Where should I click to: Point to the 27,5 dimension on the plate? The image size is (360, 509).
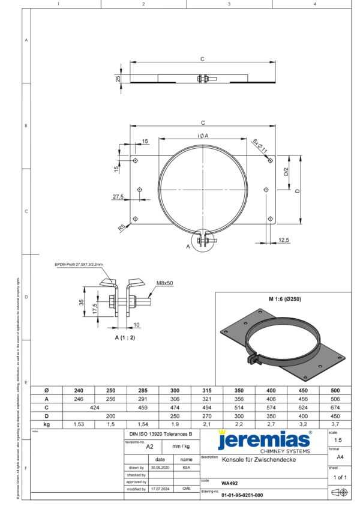[x=118, y=197]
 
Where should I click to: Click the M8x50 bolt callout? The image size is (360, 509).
[x=164, y=282]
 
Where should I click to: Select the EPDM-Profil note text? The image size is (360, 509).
[x=79, y=264]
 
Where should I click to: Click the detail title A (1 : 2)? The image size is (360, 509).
[x=125, y=338]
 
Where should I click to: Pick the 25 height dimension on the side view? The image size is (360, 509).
[x=118, y=78]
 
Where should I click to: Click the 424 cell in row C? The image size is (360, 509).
[x=95, y=407]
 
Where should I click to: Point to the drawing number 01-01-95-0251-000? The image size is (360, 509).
[x=242, y=495]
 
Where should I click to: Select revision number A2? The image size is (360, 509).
[x=150, y=447]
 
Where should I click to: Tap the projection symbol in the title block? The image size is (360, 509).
[x=339, y=492]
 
